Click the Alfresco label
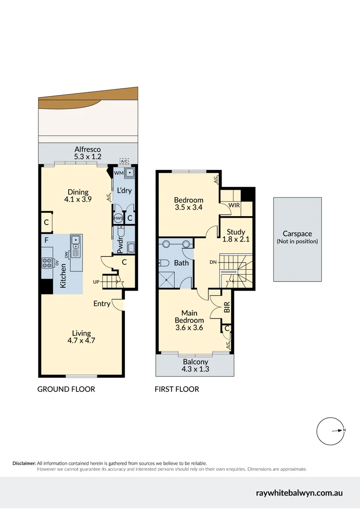point(87,149)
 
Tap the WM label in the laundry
point(118,172)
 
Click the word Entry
point(102,303)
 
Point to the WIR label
point(235,205)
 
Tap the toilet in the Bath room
point(163,263)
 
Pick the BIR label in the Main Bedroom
point(227,307)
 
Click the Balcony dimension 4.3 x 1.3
point(196,369)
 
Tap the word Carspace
point(297,234)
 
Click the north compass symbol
point(331,431)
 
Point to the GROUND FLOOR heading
point(66,389)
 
